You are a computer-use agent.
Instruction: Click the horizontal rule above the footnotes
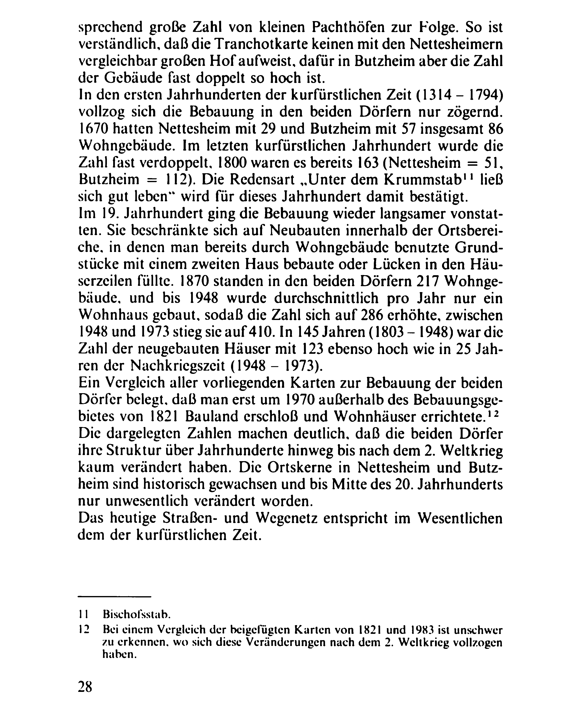pos(114,596)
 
